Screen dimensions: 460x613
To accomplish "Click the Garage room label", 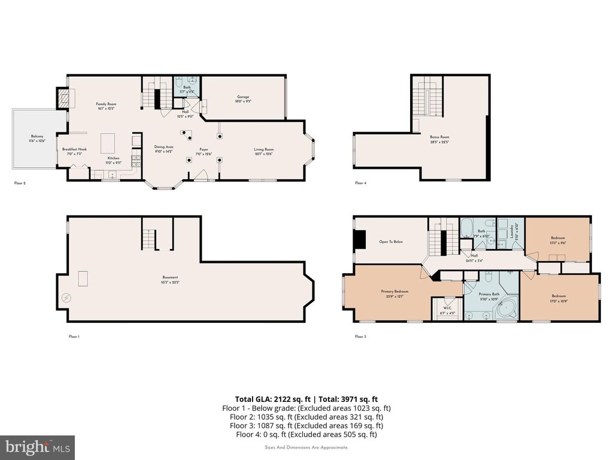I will [242, 99].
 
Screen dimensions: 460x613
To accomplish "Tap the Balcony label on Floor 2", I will [37, 138].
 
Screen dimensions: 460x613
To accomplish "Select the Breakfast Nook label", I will [74, 152].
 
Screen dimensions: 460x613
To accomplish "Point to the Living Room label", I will [263, 152].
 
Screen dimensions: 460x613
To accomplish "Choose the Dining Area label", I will [163, 149].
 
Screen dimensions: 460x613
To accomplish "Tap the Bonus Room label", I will [439, 139].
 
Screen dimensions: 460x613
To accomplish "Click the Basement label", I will [171, 279].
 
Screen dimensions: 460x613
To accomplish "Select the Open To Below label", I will [391, 242].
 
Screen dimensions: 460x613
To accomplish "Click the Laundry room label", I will [512, 231].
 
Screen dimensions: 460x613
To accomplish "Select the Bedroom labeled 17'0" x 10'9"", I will [559, 298].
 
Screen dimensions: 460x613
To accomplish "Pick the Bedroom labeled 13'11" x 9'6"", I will [558, 240].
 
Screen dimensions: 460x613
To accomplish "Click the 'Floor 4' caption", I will [360, 183].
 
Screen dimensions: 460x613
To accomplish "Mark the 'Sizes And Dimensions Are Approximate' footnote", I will [306, 447].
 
